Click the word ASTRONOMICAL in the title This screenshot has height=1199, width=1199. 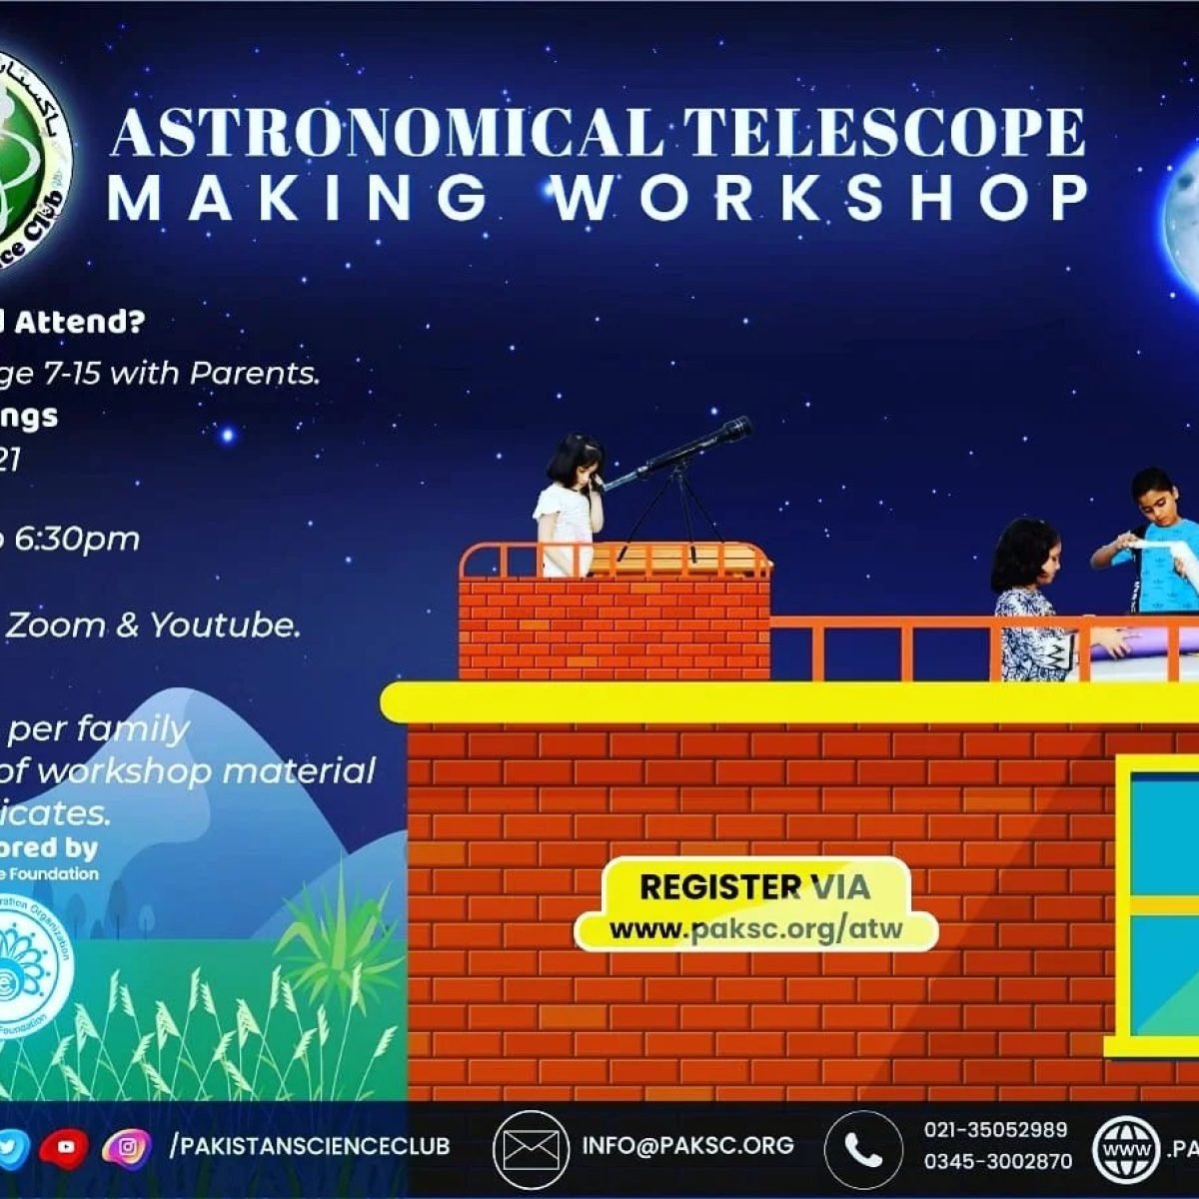(388, 133)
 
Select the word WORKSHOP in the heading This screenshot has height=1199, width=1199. (821, 197)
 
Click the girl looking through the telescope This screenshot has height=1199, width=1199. (569, 505)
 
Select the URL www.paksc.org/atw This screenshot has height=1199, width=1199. (755, 929)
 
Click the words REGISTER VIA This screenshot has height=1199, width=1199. (754, 886)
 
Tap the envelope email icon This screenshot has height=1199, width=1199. (531, 1149)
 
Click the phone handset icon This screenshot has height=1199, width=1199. (862, 1149)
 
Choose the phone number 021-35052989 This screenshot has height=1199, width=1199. (995, 1130)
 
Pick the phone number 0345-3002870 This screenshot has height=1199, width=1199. (997, 1161)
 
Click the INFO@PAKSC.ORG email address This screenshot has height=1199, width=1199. (687, 1146)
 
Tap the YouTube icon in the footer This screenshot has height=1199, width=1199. (65, 1148)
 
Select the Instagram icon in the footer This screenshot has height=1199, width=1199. (127, 1148)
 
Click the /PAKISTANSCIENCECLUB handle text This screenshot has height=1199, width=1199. (310, 1146)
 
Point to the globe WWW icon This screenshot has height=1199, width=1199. (1126, 1150)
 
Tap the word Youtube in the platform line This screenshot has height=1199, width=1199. (225, 625)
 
